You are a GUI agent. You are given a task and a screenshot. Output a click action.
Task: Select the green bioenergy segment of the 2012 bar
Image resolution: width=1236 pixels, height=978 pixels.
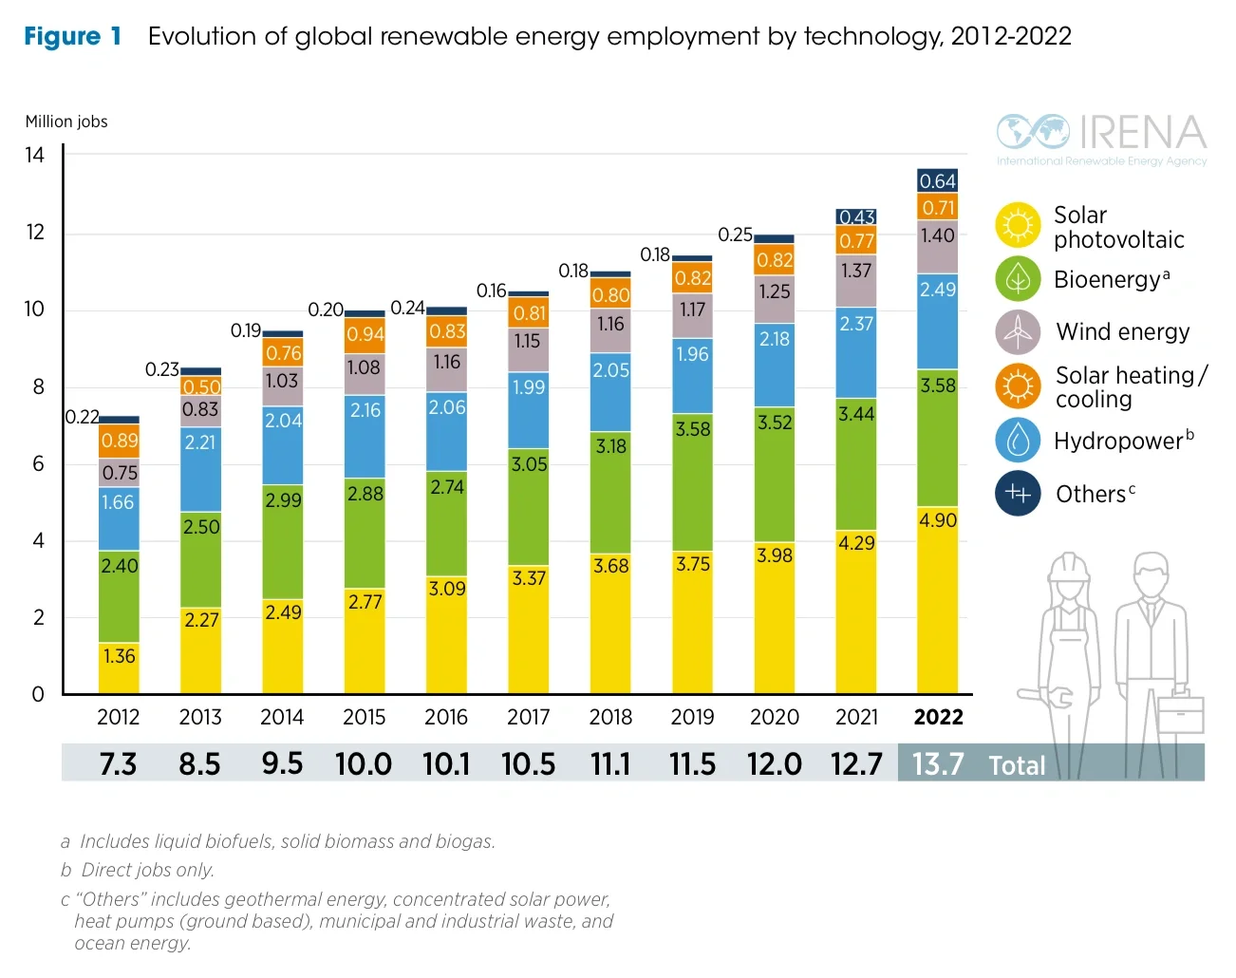[119, 596]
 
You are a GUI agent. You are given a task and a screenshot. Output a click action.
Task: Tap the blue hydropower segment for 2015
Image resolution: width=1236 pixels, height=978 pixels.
[365, 437]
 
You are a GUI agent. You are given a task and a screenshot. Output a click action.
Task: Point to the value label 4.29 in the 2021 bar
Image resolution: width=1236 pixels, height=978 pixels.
[856, 543]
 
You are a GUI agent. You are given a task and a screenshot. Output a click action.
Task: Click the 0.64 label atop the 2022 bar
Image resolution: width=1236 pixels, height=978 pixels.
[938, 181]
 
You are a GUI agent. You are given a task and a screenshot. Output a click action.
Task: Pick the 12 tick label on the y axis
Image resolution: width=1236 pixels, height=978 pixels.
[35, 233]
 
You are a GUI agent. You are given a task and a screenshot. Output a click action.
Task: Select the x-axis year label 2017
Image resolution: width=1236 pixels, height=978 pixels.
[528, 718]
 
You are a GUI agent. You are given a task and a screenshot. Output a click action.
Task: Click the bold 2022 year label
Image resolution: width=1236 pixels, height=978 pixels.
[938, 718]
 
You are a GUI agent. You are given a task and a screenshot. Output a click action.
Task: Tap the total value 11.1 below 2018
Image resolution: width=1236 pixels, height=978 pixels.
[610, 764]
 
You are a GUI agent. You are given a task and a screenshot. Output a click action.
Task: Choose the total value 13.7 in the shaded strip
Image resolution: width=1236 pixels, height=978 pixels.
[938, 764]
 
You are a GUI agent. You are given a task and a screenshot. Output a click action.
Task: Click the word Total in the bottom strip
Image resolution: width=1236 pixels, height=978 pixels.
[1017, 766]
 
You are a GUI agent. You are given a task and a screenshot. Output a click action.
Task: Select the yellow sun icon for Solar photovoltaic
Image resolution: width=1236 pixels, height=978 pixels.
[1018, 226]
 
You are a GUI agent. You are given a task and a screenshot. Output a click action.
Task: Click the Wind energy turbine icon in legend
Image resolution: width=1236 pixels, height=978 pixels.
[1018, 332]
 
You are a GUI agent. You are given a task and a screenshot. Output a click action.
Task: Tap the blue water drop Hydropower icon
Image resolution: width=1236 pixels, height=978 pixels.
[1018, 441]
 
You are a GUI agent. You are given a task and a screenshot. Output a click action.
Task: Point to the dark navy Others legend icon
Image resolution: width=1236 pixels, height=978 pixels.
[1018, 494]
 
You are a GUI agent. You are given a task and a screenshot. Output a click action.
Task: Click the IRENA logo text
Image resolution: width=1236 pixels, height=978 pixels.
[1142, 134]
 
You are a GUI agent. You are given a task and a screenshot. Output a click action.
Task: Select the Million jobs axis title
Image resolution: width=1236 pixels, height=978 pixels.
[66, 122]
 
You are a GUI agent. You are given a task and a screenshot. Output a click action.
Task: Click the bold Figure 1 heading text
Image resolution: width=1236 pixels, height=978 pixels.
[73, 37]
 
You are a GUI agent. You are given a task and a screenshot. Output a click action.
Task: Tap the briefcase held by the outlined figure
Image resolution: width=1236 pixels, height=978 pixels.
[1181, 714]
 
